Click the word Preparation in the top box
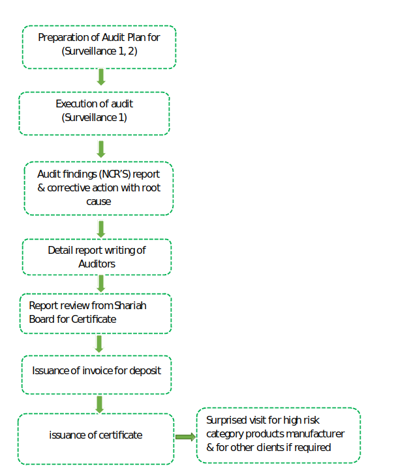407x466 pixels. pos(63,38)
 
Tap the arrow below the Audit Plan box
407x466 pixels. pos(101,77)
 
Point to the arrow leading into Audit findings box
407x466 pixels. pos(101,149)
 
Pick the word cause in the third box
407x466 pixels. pos(98,202)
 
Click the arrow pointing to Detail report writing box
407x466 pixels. pos(101,229)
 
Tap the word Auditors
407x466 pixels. pos(97,264)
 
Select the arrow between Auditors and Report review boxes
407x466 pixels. pos(101,284)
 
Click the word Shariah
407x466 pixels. pos(130,305)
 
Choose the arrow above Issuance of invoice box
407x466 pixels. pos(99,344)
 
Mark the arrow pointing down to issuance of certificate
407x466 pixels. pos(99,404)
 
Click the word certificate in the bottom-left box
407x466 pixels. pos(121,435)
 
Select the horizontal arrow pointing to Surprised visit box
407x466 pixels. pos(185,437)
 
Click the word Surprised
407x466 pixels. pos(226,420)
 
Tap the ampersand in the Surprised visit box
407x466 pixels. pos(210,448)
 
